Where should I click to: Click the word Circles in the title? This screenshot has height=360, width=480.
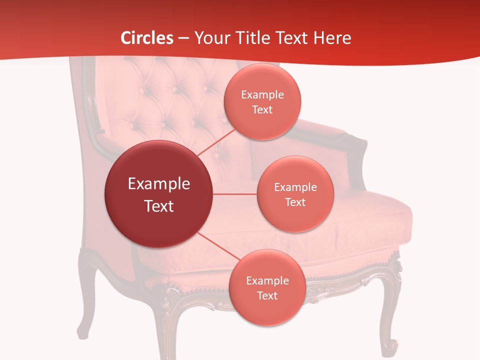click(x=147, y=38)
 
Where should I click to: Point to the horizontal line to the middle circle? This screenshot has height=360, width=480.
click(x=235, y=193)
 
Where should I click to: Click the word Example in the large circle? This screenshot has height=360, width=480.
click(x=158, y=184)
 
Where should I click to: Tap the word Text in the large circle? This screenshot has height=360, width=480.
click(x=158, y=206)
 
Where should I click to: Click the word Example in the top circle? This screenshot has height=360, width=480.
click(x=262, y=94)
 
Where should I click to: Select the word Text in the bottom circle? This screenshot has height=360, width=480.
click(x=266, y=295)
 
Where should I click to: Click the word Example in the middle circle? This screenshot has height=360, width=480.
click(x=295, y=187)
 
